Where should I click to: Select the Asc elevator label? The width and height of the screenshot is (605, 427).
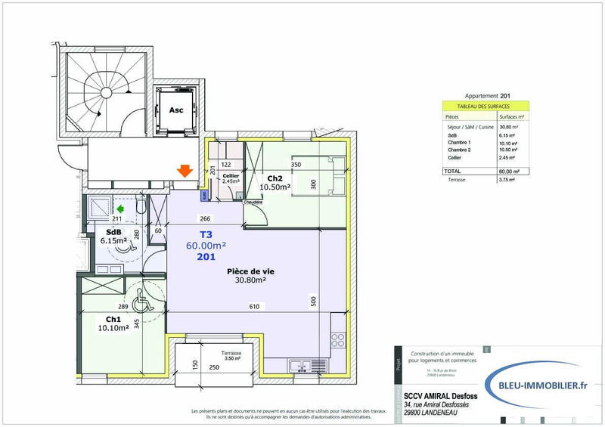(176, 109)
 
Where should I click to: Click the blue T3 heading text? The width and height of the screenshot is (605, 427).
(206, 234)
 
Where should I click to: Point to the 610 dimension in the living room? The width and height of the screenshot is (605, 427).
(255, 307)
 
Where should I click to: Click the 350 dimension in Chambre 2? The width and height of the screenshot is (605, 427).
(296, 165)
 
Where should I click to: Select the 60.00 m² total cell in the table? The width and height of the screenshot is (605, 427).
(507, 172)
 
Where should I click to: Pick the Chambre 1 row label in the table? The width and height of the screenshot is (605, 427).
(459, 143)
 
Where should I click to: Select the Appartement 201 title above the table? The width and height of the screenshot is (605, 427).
(484, 96)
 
